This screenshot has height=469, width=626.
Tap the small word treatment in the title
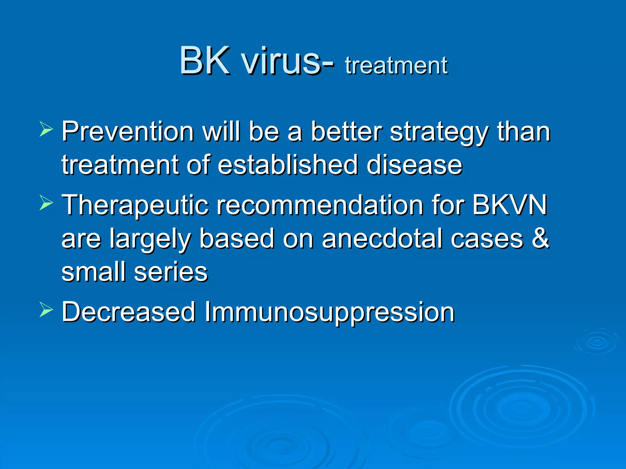(396, 65)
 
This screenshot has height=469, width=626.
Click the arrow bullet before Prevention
(46, 129)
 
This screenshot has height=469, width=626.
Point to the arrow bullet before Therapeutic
(46, 202)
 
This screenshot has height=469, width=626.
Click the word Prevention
(128, 132)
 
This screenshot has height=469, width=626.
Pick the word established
(287, 165)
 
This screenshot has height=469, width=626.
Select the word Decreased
(128, 312)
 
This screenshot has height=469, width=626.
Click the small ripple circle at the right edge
(597, 342)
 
